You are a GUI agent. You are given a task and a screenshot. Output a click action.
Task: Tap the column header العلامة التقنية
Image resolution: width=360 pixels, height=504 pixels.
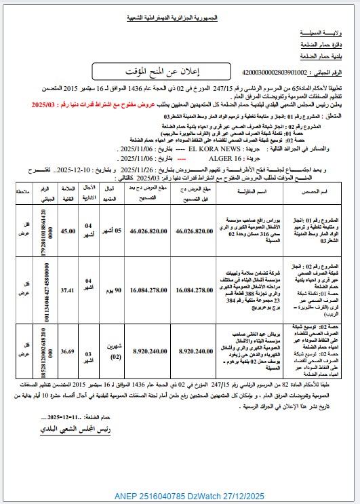pos(68,172)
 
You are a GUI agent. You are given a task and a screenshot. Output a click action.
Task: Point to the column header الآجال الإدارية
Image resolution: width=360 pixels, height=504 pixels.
pos(89,172)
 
